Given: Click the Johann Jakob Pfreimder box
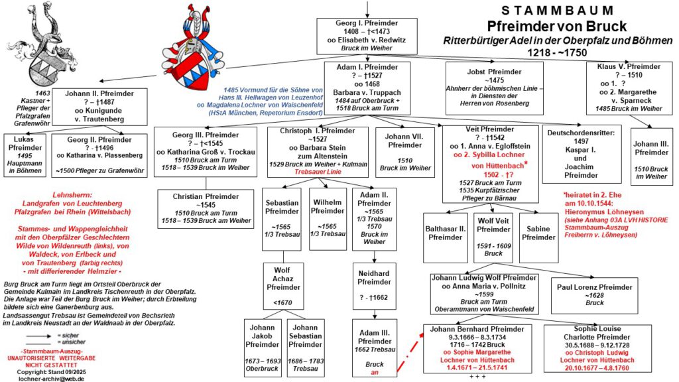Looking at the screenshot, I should [x=263, y=348].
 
